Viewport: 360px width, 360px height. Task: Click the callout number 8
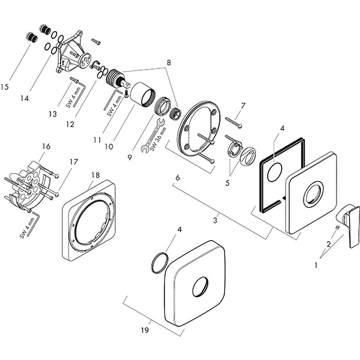point(169,62)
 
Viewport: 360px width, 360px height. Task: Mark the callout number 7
point(243,106)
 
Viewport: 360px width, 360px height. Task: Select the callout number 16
point(46,146)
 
